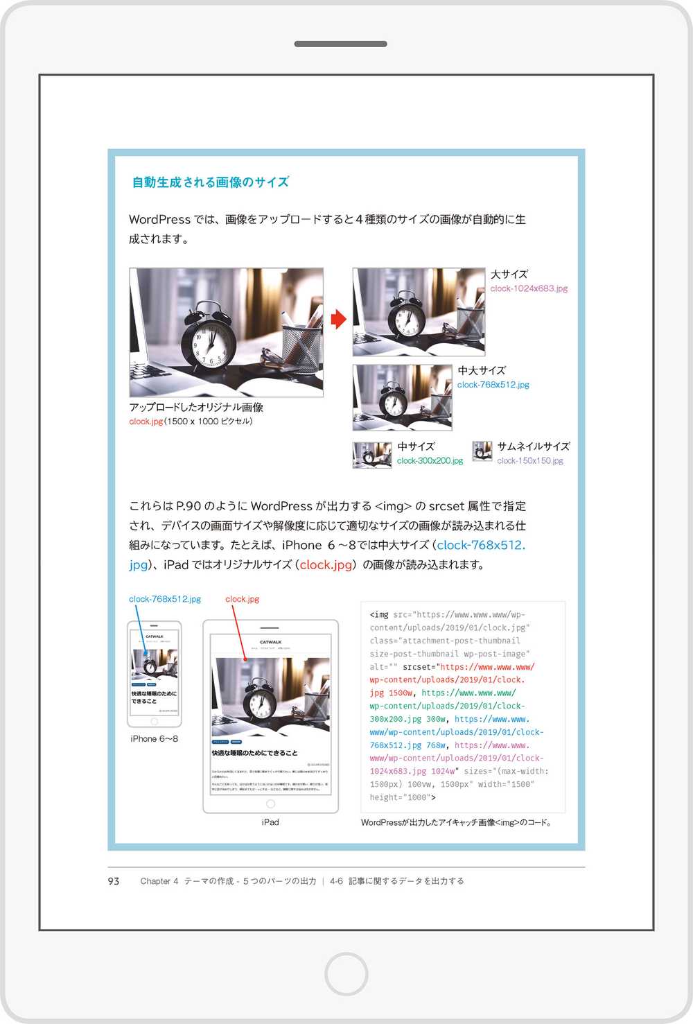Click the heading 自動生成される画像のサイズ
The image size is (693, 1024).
pos(210,182)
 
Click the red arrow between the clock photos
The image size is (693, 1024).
pos(338,319)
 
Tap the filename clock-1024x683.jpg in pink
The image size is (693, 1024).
pos(529,288)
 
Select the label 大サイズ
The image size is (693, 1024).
pos(509,275)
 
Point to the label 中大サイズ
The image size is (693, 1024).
pos(482,371)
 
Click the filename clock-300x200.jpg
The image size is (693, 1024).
pos(430,461)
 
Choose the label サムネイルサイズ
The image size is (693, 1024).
pos(533,446)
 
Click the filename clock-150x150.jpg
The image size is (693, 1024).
pos(530,461)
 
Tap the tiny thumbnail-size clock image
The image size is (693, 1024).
pos(482,451)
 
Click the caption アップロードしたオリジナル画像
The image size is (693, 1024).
pos(196,407)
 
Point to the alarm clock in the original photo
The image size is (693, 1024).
pos(208,336)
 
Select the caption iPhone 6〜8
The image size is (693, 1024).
pos(154,739)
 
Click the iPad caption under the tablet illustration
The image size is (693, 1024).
pos(270,822)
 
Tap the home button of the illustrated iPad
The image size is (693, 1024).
pos(270,804)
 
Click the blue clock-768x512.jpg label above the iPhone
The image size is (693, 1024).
pos(165,599)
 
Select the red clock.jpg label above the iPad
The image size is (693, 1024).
pos(243,599)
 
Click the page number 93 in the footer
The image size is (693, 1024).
pos(114,881)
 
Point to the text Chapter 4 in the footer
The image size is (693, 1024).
pos(159,881)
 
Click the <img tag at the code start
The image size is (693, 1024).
pos(379,615)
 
